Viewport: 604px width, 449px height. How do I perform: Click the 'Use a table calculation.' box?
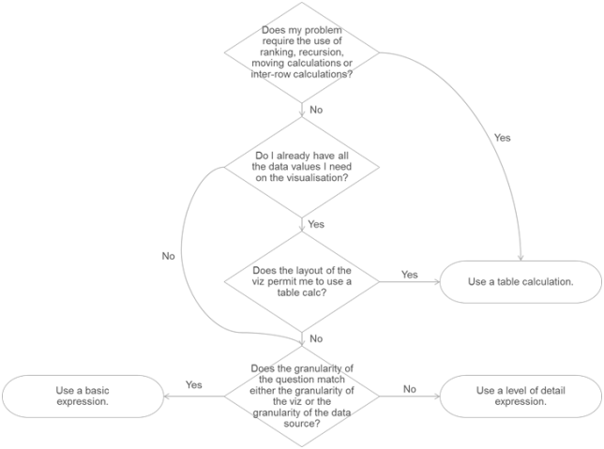[x=521, y=282]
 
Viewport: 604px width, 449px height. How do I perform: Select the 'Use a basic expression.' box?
[x=83, y=397]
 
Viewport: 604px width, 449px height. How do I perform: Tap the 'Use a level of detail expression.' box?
[x=521, y=397]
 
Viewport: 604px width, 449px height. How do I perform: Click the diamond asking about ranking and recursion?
[x=302, y=52]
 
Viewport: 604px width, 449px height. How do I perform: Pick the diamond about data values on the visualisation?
[x=302, y=167]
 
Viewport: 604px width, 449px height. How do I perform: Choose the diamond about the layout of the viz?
[x=302, y=281]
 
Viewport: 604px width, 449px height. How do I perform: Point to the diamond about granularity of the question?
[x=302, y=397]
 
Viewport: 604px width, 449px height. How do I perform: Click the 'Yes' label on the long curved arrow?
[x=503, y=138]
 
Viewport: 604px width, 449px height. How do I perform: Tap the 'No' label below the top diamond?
[x=316, y=110]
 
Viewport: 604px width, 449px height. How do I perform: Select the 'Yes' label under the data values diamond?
[x=316, y=224]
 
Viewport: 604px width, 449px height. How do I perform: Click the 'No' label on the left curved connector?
[x=168, y=256]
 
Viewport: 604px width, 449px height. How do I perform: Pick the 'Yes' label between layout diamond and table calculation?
[x=410, y=275]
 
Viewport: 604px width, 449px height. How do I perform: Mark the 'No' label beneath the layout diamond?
[x=316, y=338]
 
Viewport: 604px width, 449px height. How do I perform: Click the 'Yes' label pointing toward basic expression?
[x=194, y=384]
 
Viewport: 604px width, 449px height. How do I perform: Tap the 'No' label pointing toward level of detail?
[x=410, y=389]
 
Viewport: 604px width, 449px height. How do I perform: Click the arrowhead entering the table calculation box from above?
[x=521, y=258]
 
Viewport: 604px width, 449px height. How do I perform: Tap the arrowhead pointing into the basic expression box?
[x=167, y=397]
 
